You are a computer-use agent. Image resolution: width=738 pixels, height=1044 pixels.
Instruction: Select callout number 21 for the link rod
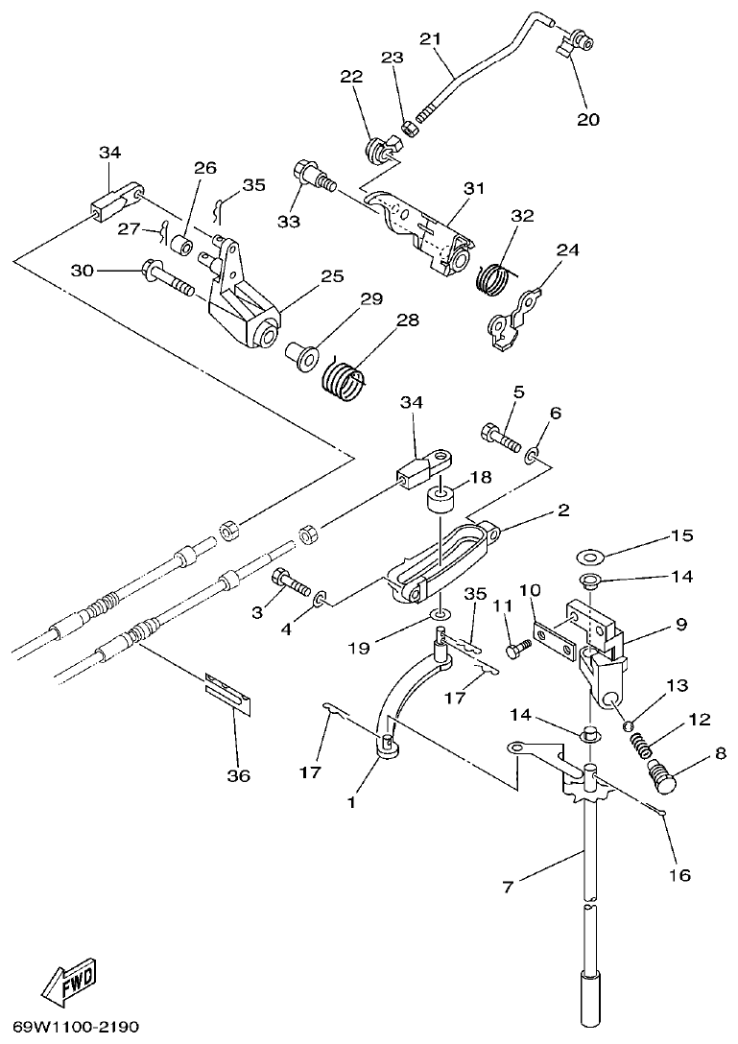tap(430, 38)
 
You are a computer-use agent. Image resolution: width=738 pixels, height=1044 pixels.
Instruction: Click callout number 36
tap(237, 775)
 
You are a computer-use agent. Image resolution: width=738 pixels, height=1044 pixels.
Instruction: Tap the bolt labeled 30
tap(167, 279)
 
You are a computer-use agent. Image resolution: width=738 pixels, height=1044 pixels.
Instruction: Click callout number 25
tap(332, 275)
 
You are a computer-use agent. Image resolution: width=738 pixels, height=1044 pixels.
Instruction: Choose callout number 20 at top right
tap(587, 120)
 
